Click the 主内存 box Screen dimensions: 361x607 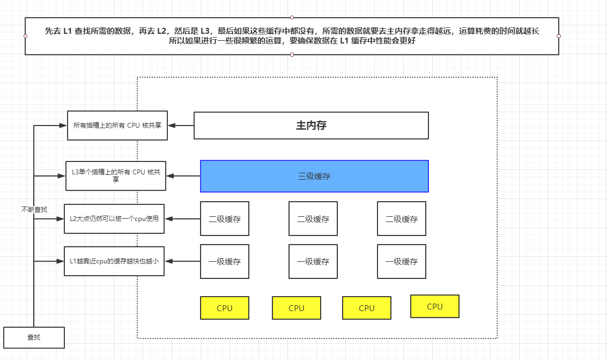pos(311,126)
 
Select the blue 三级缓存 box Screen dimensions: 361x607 pos(314,176)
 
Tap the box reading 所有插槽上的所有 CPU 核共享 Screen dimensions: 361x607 pos(117,126)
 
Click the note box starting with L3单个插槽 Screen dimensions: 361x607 pos(115,175)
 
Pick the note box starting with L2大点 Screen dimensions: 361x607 pos(114,218)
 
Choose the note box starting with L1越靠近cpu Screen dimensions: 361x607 pos(114,261)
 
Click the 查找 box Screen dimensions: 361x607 pos(34,337)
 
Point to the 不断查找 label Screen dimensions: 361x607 pos(34,209)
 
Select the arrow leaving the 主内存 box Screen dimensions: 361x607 pos(181,126)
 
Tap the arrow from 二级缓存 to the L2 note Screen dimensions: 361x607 pos(182,218)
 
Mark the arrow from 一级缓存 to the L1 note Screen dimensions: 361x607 pos(182,261)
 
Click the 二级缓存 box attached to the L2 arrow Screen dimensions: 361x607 pos(225,219)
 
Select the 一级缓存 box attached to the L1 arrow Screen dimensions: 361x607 pos(225,262)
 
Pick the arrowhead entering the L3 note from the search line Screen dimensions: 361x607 pos(62,175)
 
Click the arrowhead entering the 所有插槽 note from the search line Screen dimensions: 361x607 pos(63,126)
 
